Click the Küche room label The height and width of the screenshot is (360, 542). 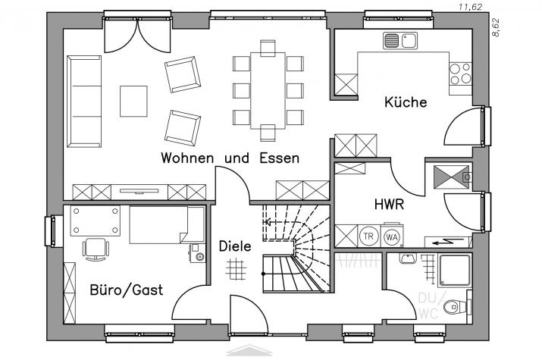tap(406, 102)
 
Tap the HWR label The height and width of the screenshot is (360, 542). tap(389, 204)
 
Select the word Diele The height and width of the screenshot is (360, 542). tap(235, 246)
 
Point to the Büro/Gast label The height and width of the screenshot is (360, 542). tap(126, 290)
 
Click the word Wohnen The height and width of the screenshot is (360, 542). tap(187, 158)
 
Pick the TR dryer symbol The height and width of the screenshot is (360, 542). tap(368, 236)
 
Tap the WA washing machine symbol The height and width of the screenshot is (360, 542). tap(392, 236)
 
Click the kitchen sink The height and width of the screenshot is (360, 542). tap(400, 40)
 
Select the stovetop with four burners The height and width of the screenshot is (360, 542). tap(460, 74)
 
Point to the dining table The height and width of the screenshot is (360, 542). tap(268, 90)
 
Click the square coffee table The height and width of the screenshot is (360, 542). tap(133, 102)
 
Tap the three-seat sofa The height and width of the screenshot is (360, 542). tap(84, 102)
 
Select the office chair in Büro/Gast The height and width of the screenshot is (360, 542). tap(96, 249)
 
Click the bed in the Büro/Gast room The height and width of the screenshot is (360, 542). tap(168, 225)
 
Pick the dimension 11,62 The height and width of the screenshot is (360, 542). tap(470, 7)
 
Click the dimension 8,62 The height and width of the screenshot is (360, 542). tap(496, 27)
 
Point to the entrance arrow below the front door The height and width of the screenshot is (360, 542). tap(249, 350)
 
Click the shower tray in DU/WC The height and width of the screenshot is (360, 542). tap(455, 271)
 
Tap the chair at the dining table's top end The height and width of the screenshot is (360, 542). tap(268, 47)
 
